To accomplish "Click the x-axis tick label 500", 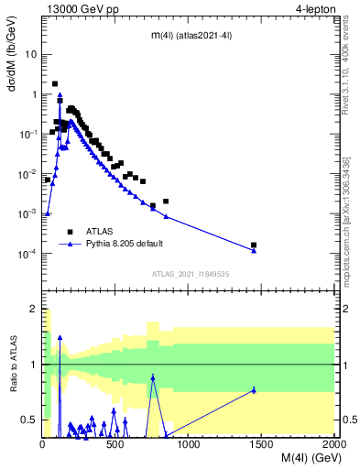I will (x=115, y=444).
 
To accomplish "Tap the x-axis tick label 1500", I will (x=261, y=444).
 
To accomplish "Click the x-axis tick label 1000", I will (x=188, y=444).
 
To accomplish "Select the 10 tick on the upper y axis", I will (x=30, y=54).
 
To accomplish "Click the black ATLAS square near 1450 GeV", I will (x=254, y=245).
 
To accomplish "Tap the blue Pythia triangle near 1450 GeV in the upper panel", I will (x=254, y=251).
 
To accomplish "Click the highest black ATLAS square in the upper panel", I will (x=55, y=83).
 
